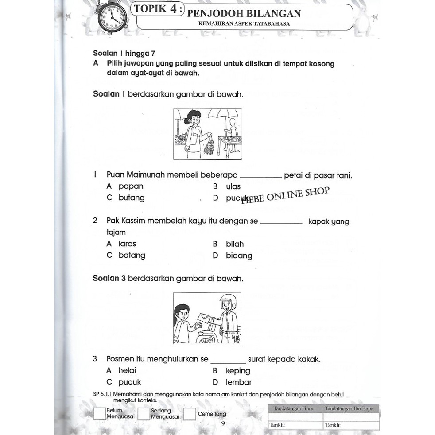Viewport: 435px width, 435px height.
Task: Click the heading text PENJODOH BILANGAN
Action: tap(244, 13)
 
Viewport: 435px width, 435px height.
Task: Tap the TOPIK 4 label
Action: tap(158, 9)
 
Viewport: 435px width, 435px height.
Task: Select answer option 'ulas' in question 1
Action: tap(233, 186)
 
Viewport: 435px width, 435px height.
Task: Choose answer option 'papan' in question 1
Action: tap(131, 186)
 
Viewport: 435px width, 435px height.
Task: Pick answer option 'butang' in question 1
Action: tap(131, 198)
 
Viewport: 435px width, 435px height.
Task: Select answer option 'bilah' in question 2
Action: tap(234, 244)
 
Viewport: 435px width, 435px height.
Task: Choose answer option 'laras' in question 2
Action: tap(127, 244)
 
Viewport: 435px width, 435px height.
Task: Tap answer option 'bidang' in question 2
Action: tap(239, 256)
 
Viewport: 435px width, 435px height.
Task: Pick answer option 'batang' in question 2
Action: tap(132, 255)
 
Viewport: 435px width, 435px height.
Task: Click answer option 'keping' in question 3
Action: tap(238, 371)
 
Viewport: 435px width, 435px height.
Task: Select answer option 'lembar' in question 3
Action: tap(238, 382)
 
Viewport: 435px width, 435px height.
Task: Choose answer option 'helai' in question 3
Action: tap(127, 370)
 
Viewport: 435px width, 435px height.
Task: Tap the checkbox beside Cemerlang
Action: tap(190, 414)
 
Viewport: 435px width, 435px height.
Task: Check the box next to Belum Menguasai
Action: tap(100, 414)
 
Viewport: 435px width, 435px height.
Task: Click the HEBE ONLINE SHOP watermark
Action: tap(286, 194)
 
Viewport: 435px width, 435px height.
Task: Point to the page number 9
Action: tap(223, 423)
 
